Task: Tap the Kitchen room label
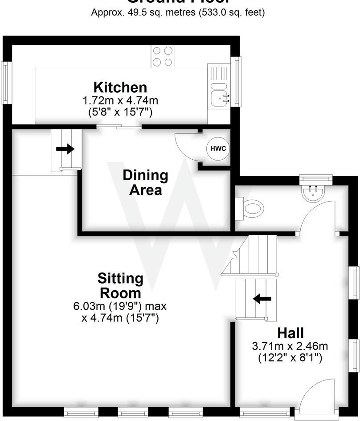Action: click(x=120, y=87)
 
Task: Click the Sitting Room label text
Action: click(x=120, y=286)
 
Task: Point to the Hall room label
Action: click(x=290, y=333)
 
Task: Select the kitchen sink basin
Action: click(x=219, y=98)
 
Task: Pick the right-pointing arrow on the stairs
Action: click(x=65, y=149)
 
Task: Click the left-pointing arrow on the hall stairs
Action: click(x=262, y=298)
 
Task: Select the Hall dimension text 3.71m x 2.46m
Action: click(x=290, y=346)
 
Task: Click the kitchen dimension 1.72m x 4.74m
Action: click(x=120, y=100)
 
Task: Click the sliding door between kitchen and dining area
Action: click(x=119, y=128)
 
